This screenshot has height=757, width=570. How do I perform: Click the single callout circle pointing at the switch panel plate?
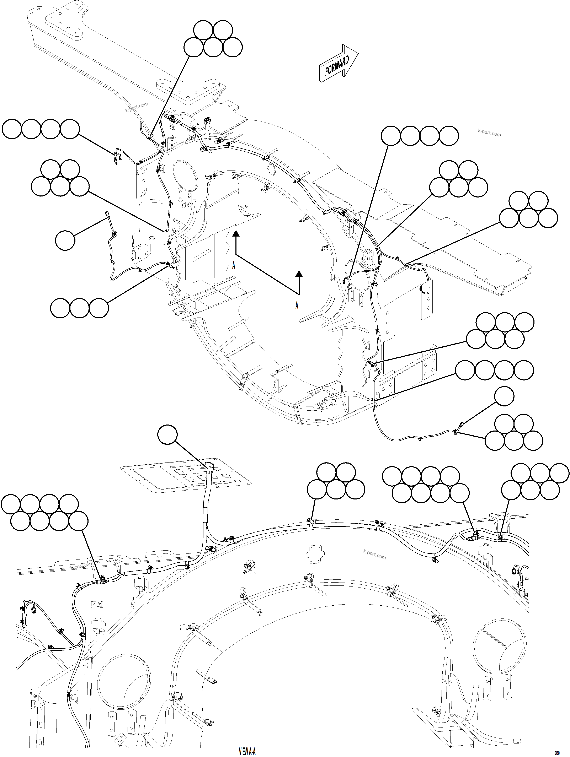coord(167,435)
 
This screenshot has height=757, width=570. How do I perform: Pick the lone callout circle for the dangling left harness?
coord(65,240)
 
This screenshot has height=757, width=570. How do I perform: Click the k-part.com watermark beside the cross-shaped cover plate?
coord(374,555)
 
